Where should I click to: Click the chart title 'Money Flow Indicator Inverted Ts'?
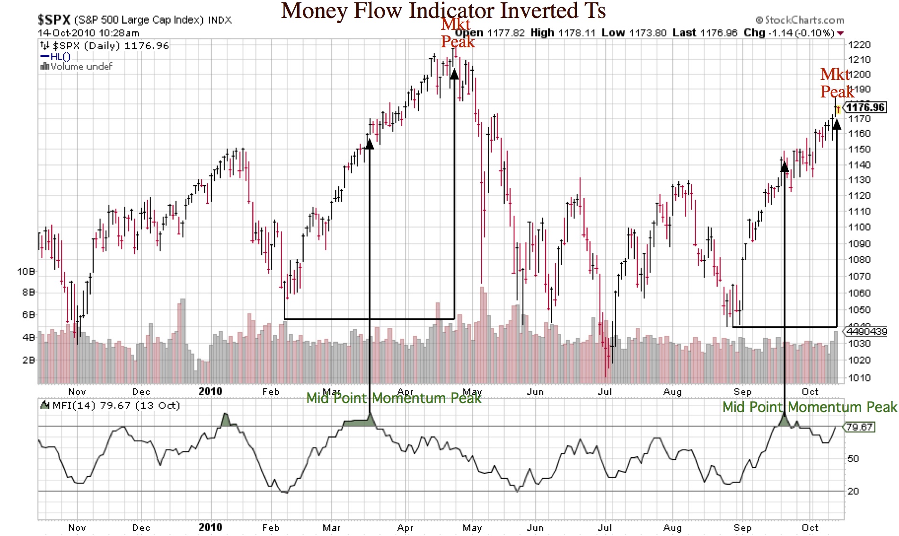pos(443,10)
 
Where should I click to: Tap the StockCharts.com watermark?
pos(800,20)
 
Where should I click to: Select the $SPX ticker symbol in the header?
pos(54,20)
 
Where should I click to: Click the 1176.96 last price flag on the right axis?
pos(865,107)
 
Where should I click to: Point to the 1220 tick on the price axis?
pos(859,45)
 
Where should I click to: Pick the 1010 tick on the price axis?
pos(859,378)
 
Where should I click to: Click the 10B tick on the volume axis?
pos(26,272)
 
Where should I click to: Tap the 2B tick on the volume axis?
pos(28,360)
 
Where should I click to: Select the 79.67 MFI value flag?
pos(859,427)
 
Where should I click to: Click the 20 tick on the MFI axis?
pos(853,491)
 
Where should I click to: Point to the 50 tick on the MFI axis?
pos(853,458)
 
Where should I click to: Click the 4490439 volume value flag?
pos(867,332)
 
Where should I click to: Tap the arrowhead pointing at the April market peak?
pos(454,74)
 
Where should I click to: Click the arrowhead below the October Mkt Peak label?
pos(837,124)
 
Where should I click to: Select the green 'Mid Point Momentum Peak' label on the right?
pos(809,407)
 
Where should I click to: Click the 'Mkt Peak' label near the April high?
pos(457,33)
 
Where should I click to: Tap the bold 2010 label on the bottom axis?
pos(210,527)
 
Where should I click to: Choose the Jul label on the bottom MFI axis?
pos(605,527)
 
